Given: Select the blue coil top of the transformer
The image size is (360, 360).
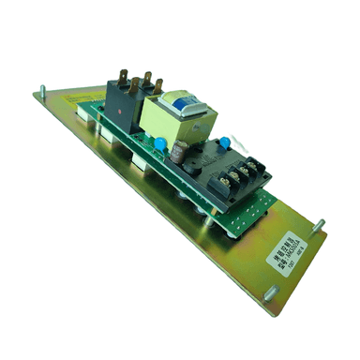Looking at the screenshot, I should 179,100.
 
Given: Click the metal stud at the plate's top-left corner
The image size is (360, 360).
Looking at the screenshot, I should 42,92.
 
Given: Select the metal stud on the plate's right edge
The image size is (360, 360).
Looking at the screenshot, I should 318,225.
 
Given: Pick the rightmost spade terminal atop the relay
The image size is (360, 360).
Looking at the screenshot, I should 157,84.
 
